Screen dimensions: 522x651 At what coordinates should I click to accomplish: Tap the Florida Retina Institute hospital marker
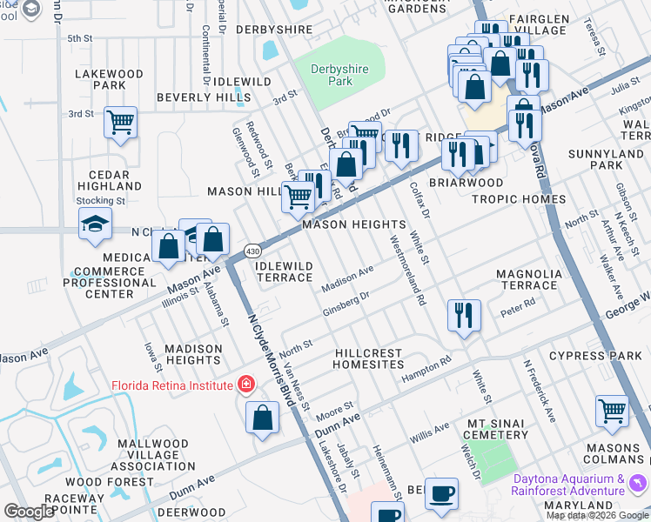point(247,385)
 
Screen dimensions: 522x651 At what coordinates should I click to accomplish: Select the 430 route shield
point(252,251)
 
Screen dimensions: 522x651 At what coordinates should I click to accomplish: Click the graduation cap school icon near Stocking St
point(96,225)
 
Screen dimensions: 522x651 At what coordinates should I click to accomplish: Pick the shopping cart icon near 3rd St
point(120,123)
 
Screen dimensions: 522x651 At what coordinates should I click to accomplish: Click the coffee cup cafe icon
point(442,495)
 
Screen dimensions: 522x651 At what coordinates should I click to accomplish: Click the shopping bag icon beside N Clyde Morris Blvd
point(262,420)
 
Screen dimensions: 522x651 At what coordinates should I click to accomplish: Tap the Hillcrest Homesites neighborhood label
point(369,359)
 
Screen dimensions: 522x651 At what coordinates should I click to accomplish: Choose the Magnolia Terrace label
point(529,279)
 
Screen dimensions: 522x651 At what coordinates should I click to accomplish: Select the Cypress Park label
point(602,356)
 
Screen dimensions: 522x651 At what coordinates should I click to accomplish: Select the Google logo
point(30,512)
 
